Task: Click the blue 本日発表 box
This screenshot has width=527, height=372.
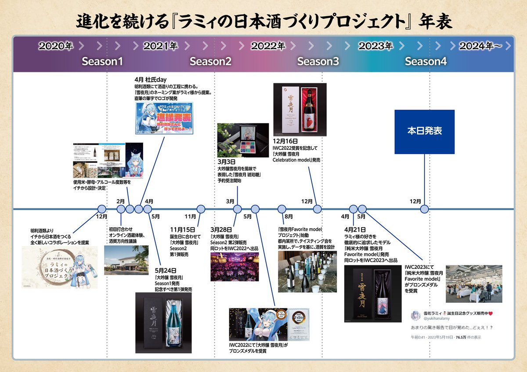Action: point(424,132)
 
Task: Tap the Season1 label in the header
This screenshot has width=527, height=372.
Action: point(102,62)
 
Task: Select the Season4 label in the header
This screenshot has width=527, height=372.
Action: point(426,62)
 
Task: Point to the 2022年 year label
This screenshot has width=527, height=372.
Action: point(268,46)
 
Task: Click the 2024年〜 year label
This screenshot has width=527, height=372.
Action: point(480,46)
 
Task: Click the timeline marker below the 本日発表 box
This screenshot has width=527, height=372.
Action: point(424,209)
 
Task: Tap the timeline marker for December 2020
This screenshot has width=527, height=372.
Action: point(102,209)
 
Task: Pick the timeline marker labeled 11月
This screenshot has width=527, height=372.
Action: point(201,209)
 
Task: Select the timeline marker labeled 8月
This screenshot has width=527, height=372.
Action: point(282,209)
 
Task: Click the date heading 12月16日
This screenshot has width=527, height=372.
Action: point(285,142)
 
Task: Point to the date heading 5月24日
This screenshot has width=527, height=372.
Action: point(165,271)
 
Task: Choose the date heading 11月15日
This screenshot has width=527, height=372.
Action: point(182,229)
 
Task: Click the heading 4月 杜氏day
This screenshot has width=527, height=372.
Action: point(150,79)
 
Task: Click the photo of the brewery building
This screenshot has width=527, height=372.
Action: point(126,260)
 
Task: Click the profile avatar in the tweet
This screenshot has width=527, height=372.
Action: point(415,315)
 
